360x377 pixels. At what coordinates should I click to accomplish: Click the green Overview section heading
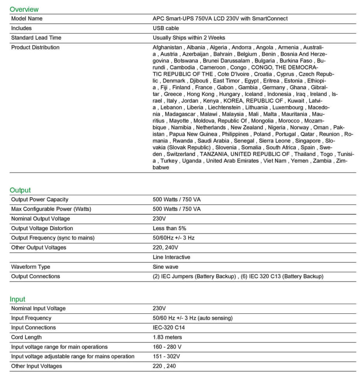click(24, 9)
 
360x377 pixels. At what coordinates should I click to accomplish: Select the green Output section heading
click(20, 190)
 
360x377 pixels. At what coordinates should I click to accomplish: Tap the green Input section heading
click(17, 299)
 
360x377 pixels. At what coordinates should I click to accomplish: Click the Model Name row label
click(27, 18)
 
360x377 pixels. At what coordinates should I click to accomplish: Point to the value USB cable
click(166, 28)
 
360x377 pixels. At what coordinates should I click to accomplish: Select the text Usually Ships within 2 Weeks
click(189, 38)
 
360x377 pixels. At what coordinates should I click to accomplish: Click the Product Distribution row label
click(35, 47)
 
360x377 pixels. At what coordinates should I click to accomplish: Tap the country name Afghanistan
click(167, 47)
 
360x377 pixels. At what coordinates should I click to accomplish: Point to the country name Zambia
click(322, 161)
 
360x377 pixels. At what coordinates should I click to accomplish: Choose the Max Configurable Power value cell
click(177, 209)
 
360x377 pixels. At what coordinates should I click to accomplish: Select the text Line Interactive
click(172, 257)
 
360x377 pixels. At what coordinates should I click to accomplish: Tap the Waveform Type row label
click(31, 267)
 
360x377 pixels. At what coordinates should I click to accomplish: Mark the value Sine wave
click(166, 267)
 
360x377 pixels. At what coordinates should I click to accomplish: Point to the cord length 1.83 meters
click(167, 337)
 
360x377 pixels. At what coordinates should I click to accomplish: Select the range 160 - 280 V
click(167, 347)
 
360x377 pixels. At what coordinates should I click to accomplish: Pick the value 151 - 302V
click(166, 356)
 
